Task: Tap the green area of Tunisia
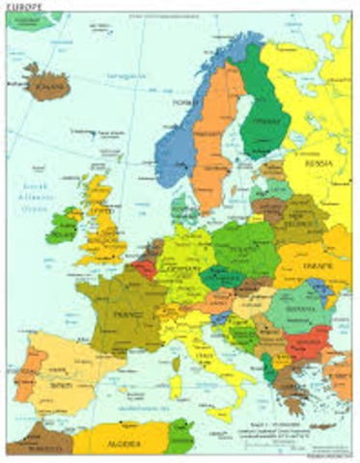point(178,439)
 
